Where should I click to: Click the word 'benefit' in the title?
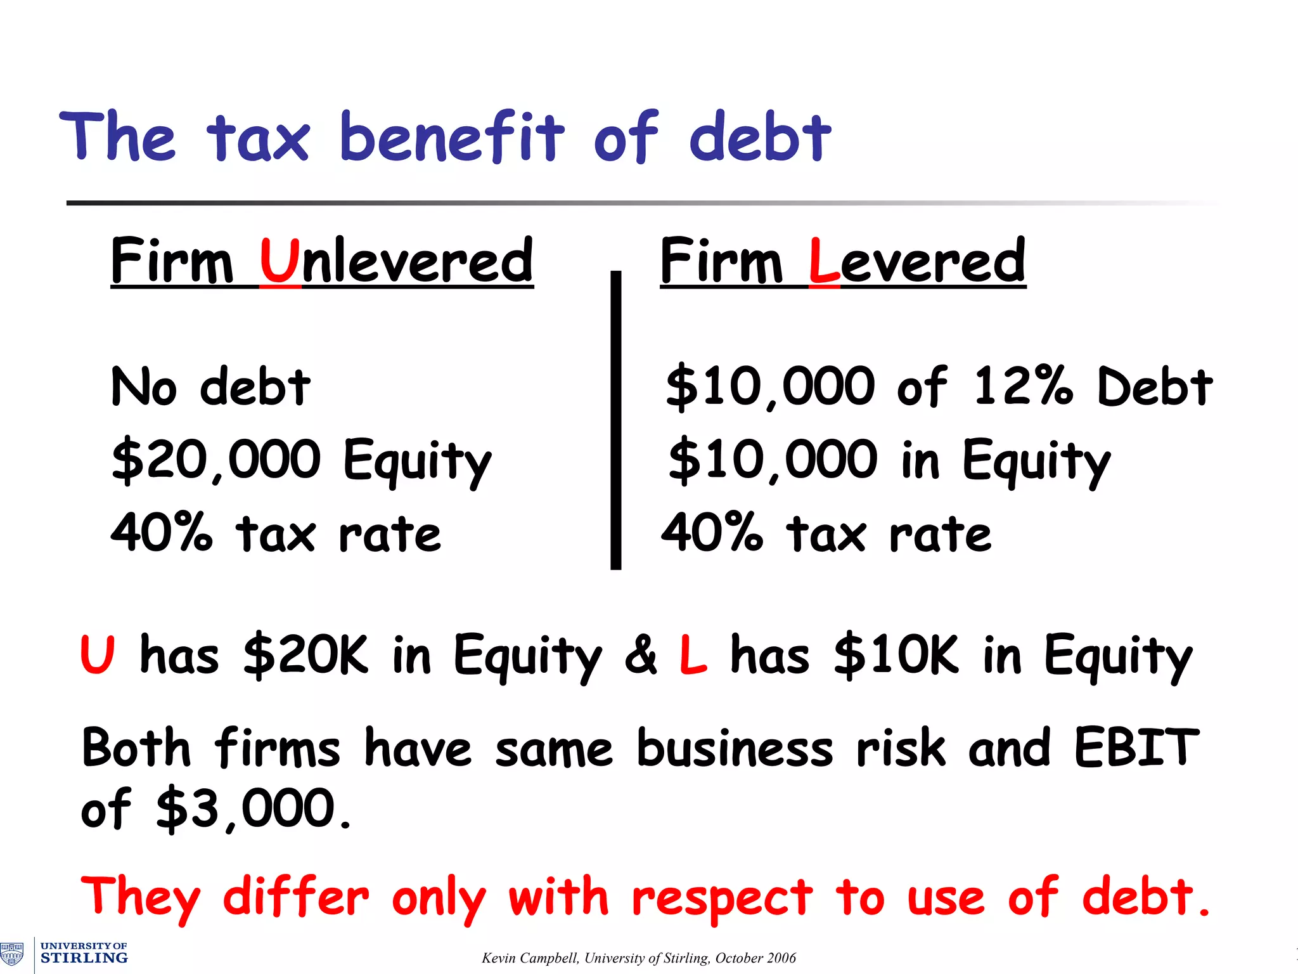pyautogui.click(x=451, y=136)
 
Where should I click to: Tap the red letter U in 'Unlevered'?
pyautogui.click(x=280, y=261)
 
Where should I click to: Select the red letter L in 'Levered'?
pyautogui.click(x=824, y=261)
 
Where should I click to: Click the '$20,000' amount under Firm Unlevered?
pyautogui.click(x=216, y=460)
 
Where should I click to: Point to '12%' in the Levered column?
pyautogui.click(x=1022, y=386)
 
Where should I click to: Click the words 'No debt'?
pyautogui.click(x=210, y=386)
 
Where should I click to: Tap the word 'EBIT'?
pyautogui.click(x=1136, y=748)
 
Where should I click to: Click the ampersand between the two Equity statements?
pyautogui.click(x=640, y=654)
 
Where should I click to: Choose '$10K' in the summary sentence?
pyautogui.click(x=896, y=654)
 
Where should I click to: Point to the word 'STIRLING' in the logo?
pyautogui.click(x=84, y=958)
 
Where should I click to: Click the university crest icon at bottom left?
pyautogui.click(x=12, y=954)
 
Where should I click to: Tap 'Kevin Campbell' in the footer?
pyautogui.click(x=529, y=958)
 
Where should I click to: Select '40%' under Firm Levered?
pyautogui.click(x=711, y=533)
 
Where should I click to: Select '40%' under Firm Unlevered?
pyautogui.click(x=161, y=533)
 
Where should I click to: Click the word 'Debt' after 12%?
pyautogui.click(x=1154, y=386)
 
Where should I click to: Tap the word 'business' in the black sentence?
pyautogui.click(x=735, y=748)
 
